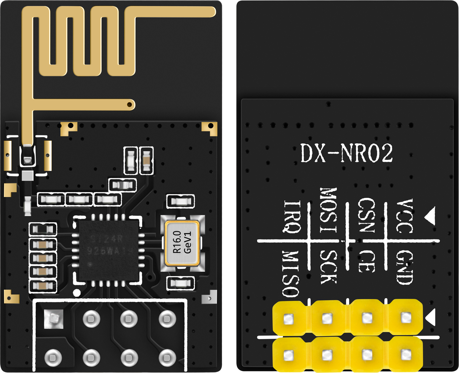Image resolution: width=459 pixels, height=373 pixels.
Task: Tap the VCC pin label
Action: coord(404,216)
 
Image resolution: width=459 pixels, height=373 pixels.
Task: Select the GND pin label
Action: coord(404,267)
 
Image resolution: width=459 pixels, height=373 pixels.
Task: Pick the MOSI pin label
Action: coord(328,210)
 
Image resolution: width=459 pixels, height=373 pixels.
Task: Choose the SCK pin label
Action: coord(328,267)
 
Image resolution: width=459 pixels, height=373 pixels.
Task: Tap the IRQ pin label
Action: coord(292,217)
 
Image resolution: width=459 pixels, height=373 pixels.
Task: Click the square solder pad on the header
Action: coord(54,319)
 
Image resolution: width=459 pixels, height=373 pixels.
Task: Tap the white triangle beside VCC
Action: coord(430,216)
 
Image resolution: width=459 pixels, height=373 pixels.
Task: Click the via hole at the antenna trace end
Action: coord(129,104)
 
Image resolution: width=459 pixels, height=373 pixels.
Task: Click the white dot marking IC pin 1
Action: coord(77,293)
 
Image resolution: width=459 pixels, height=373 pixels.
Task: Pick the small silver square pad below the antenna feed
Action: coord(27,176)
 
